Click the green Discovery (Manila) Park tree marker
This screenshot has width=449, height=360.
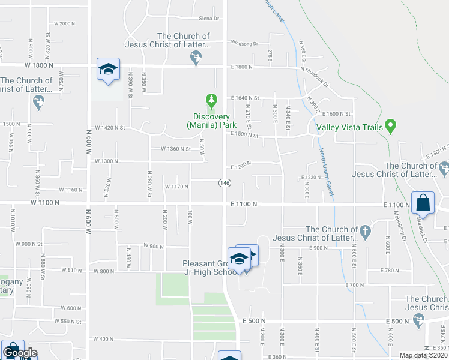coord(210,100)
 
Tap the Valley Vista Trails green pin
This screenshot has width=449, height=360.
coord(390,126)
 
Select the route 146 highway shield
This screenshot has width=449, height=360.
coord(224,182)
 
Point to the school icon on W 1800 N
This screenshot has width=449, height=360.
coord(108,70)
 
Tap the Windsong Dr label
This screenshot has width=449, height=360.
coord(243,44)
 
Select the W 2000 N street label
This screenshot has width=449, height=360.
coord(64,23)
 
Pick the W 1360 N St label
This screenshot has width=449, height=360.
coord(175,149)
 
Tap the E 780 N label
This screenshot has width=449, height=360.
coord(390,271)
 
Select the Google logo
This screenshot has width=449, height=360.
coord(19,353)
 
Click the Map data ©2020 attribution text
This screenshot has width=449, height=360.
coord(424,355)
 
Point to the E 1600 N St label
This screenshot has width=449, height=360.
coord(339,113)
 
